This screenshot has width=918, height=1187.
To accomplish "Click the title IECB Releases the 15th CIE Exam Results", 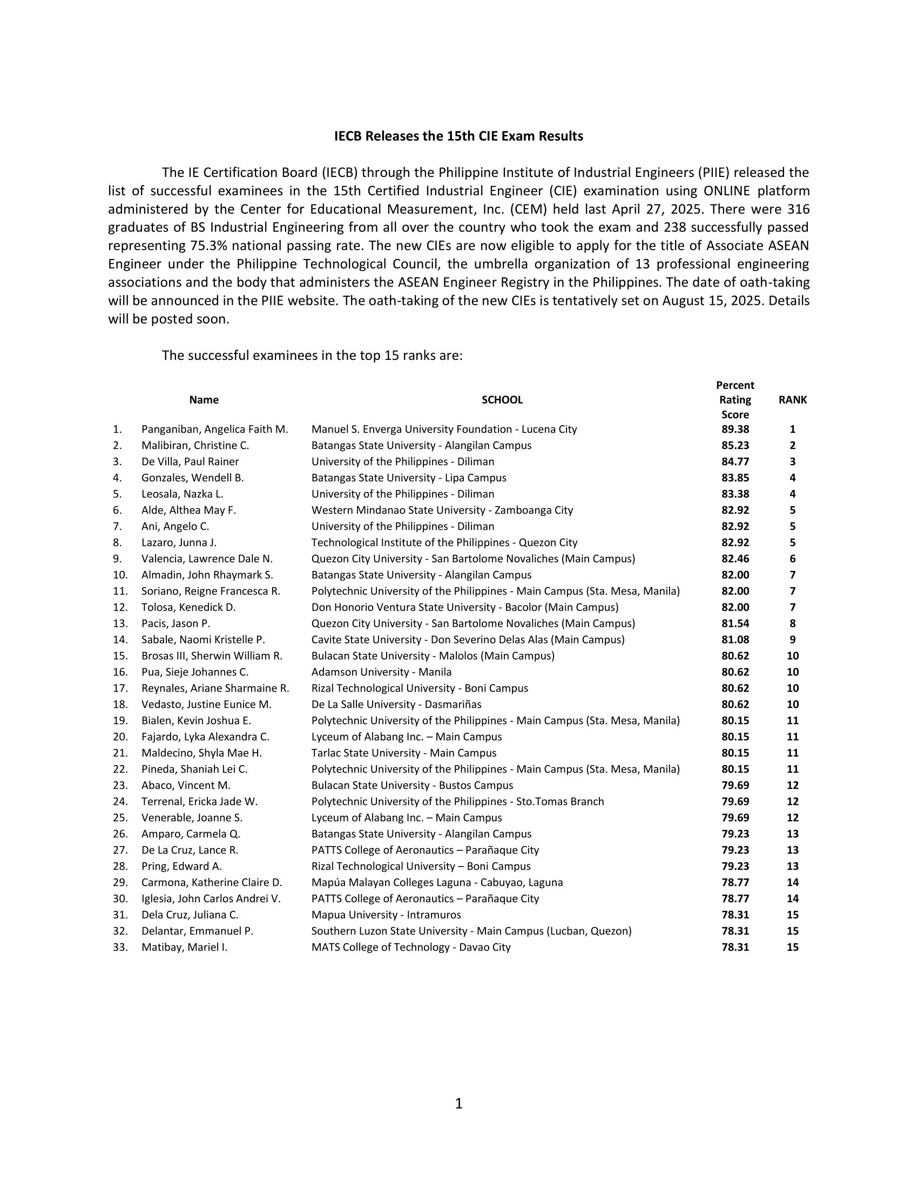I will click(x=458, y=136).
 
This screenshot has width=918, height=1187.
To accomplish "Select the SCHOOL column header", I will click(x=502, y=400).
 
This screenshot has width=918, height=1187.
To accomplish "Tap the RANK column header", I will click(x=792, y=400).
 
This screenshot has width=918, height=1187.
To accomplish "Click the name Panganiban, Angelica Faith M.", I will click(x=215, y=429).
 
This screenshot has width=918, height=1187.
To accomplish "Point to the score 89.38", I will click(x=735, y=429).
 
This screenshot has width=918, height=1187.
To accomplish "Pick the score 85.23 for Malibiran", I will click(x=735, y=446).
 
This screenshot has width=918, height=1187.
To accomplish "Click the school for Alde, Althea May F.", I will click(x=442, y=510).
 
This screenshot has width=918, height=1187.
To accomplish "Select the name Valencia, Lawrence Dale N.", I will click(x=207, y=559).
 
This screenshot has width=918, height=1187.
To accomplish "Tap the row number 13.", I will click(x=120, y=623).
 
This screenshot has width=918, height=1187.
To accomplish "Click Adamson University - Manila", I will click(x=381, y=672).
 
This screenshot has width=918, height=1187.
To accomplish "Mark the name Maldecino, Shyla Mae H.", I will click(x=202, y=753).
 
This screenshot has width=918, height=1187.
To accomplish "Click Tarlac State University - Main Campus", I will click(x=404, y=753).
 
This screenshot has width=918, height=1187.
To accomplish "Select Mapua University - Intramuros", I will click(x=386, y=915).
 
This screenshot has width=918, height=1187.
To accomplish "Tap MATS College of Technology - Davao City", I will click(x=411, y=947).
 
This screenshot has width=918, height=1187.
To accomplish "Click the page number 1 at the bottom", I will click(x=458, y=1103).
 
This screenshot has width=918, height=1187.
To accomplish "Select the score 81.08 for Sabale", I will click(x=735, y=640).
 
